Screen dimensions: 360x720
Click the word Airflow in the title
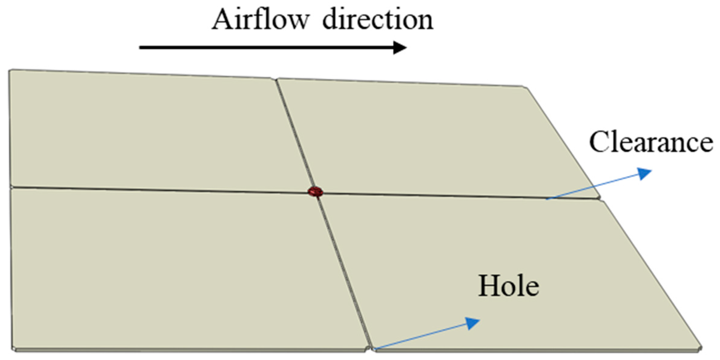[x=260, y=20]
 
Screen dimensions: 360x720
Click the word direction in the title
[x=378, y=20]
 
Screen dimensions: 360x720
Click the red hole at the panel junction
[x=315, y=192]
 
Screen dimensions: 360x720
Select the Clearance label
[x=651, y=142]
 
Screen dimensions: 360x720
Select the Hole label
[x=508, y=286]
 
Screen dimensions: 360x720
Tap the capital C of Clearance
[x=599, y=142]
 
